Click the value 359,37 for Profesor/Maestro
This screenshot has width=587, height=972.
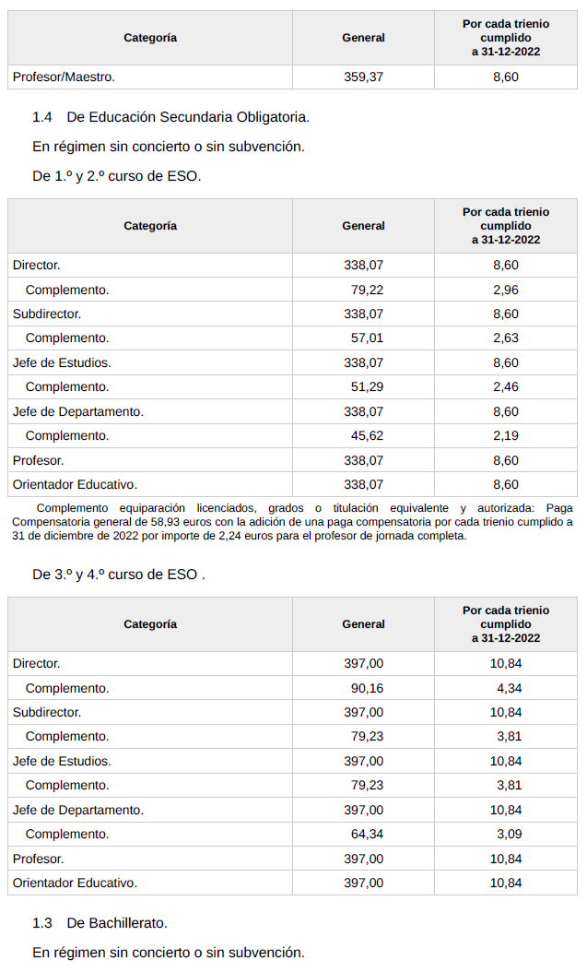(x=363, y=77)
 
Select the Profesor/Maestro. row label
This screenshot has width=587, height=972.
(x=64, y=77)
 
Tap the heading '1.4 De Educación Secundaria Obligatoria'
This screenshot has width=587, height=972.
(x=170, y=116)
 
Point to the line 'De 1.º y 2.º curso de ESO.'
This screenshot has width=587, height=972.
(x=116, y=175)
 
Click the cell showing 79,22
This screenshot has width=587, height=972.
(x=367, y=290)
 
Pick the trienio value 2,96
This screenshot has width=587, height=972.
(x=506, y=290)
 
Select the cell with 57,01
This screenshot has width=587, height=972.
(x=367, y=338)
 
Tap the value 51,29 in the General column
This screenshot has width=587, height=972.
(x=367, y=386)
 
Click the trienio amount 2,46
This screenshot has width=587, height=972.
(x=506, y=386)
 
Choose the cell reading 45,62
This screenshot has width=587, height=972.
(x=367, y=435)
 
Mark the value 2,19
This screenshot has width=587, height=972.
(x=506, y=435)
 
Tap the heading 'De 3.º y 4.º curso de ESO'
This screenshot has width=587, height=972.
(x=118, y=574)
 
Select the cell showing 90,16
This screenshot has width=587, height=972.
(x=367, y=688)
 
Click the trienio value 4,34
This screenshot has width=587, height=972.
(x=509, y=688)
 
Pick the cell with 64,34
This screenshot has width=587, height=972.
(x=367, y=834)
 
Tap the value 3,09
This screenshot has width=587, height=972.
(x=509, y=834)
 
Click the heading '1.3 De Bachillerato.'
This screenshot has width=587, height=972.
(x=100, y=922)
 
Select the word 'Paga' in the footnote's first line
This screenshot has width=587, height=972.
(x=558, y=508)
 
